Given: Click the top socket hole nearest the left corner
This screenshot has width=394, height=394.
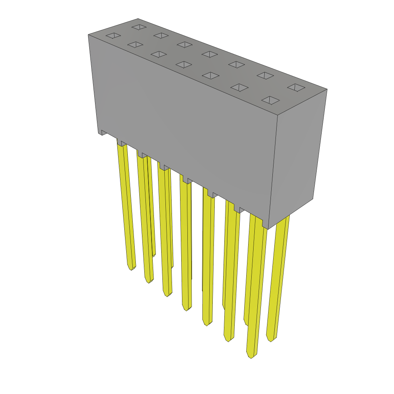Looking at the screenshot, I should coord(113,35).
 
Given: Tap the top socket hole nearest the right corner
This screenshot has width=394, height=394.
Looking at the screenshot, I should coord(296,88).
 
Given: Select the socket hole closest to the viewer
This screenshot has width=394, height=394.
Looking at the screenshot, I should coord(270,100).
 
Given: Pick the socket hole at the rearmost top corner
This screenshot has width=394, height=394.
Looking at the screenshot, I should coord(139,27).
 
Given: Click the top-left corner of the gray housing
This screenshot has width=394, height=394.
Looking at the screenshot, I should coord(88,35).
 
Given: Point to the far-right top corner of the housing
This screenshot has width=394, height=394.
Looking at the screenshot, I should coord(327,90).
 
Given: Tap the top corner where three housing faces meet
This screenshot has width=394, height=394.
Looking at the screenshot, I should coord(277,115).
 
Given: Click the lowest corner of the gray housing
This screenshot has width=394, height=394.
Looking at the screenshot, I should coord(268,229).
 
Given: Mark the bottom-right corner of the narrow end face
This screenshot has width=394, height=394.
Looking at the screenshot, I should coord(312,199).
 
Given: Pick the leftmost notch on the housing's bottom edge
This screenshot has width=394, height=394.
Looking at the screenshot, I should coord(104,132).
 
